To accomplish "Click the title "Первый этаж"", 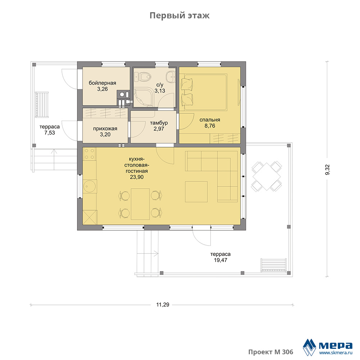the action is pyautogui.click(x=180, y=15).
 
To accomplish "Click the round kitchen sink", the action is pyautogui.click(x=90, y=186).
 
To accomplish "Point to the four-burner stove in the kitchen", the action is pyautogui.click(x=89, y=154).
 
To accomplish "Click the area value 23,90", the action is pyautogui.click(x=137, y=177).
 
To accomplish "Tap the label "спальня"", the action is pyautogui.click(x=210, y=120).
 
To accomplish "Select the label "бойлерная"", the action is pyautogui.click(x=102, y=83).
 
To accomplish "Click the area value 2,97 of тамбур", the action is pyautogui.click(x=159, y=129).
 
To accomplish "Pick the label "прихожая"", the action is pyautogui.click(x=105, y=129).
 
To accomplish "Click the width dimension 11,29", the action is pyautogui.click(x=163, y=305).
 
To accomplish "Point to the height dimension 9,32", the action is pyautogui.click(x=327, y=170).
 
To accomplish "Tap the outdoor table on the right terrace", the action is pyautogui.click(x=267, y=176).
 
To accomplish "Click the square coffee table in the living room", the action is pyautogui.click(x=196, y=192).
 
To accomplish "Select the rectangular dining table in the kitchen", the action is pyautogui.click(x=140, y=204).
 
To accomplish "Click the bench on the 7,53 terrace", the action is pyautogui.click(x=42, y=104).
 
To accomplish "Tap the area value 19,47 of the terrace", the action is pyautogui.click(x=221, y=260).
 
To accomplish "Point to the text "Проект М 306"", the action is pyautogui.click(x=271, y=352).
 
